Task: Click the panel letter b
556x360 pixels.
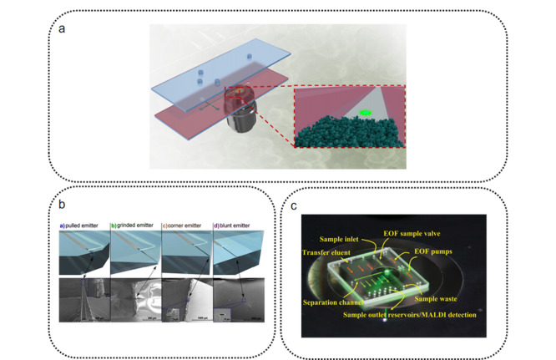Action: pyautogui.click(x=62, y=203)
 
